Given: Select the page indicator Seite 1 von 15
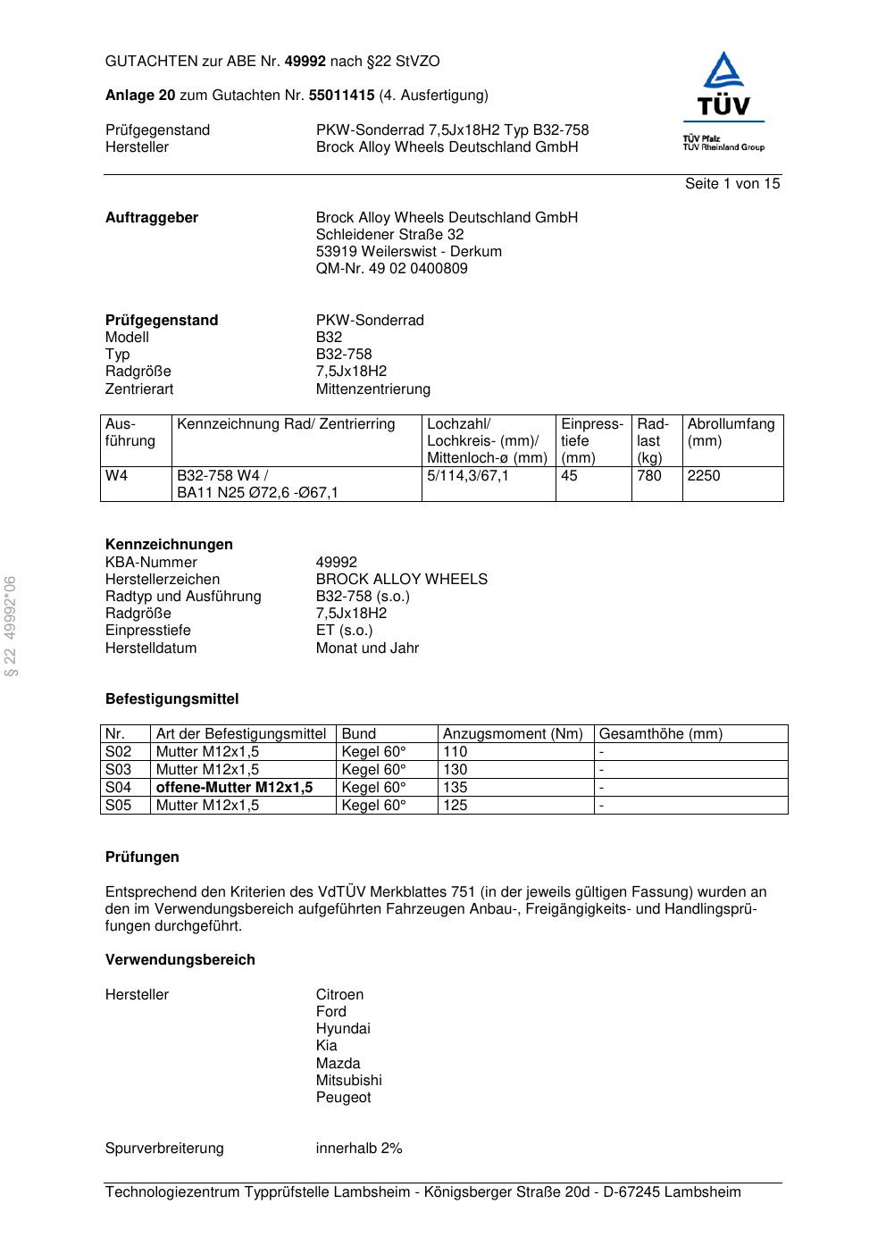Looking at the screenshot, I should coord(731,184).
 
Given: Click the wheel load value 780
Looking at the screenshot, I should coord(649,476).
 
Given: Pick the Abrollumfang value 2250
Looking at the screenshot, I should coord(704,476).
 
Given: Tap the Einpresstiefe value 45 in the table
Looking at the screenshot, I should coord(570,476).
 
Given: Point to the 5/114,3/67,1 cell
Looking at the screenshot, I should coord(468,476).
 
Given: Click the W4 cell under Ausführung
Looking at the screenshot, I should coord(117,476).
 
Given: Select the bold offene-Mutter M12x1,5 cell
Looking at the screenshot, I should coord(234,788).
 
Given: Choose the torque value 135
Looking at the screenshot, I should coord(456,788).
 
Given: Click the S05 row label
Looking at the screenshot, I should coord(118,806).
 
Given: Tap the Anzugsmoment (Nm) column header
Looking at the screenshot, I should coord(513,734).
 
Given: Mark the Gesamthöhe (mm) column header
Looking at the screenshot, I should coord(660,734).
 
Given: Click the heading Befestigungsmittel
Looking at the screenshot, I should coord(171,699).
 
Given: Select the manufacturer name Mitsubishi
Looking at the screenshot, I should coord(348,1081).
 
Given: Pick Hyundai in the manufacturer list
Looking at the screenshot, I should coord(343,1029).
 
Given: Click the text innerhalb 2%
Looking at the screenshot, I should coord(359,1149).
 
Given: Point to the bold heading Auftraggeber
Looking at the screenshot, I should coord(152,218).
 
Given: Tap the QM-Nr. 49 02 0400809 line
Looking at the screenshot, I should coord(391,269).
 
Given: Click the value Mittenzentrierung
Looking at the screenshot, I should coord(372,389).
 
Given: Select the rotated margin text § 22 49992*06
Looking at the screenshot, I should coord(10,626).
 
